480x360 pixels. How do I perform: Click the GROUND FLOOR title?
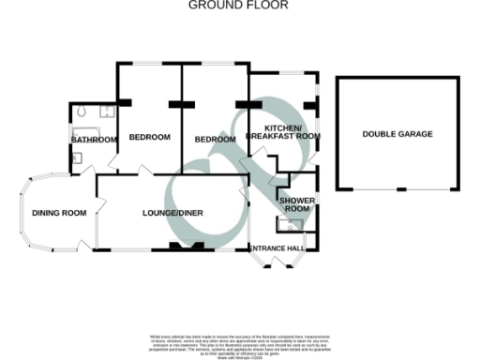click(239, 6)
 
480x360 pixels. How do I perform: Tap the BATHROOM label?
click(93, 140)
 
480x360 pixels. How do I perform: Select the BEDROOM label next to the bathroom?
click(149, 138)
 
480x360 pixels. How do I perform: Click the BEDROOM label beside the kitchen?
click(215, 139)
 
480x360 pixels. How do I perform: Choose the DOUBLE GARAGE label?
click(397, 134)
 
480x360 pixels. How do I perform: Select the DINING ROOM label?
click(59, 213)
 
